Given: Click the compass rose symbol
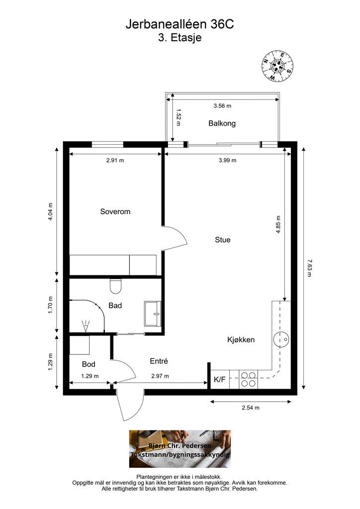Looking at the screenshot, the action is pos(277,66).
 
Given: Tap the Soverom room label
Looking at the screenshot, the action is pos(115,212).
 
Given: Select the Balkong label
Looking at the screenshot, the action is pos(222,123).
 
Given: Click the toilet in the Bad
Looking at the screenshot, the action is pos(115,286).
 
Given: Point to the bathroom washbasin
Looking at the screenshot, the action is pos(153,313).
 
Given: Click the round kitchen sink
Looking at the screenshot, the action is pos(281,340).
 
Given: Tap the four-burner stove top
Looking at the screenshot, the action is pos(248,379).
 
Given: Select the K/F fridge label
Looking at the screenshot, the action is pos(220,379).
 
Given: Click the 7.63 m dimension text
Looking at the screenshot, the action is pos(309,268).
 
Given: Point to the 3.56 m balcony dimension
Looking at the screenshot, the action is pos(222,105).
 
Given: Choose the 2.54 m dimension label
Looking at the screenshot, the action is pos(251,408).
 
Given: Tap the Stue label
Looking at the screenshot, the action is pos(223,240).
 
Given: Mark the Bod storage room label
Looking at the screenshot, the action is pos(89,364).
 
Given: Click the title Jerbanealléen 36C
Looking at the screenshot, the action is pos(180,25).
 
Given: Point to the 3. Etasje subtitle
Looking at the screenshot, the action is pos(180,38).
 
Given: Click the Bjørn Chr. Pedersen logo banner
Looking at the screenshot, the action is pos(180,449).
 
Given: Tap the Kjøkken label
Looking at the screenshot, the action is pos(241,340).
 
